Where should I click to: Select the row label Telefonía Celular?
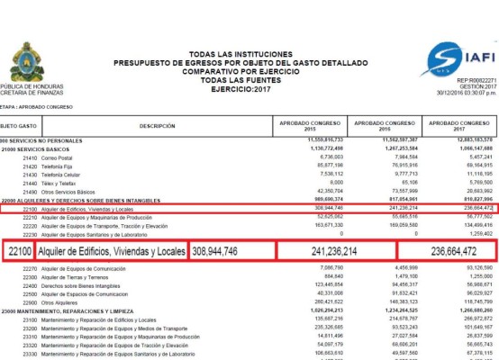point(70,173)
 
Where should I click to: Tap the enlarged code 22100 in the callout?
point(19,251)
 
